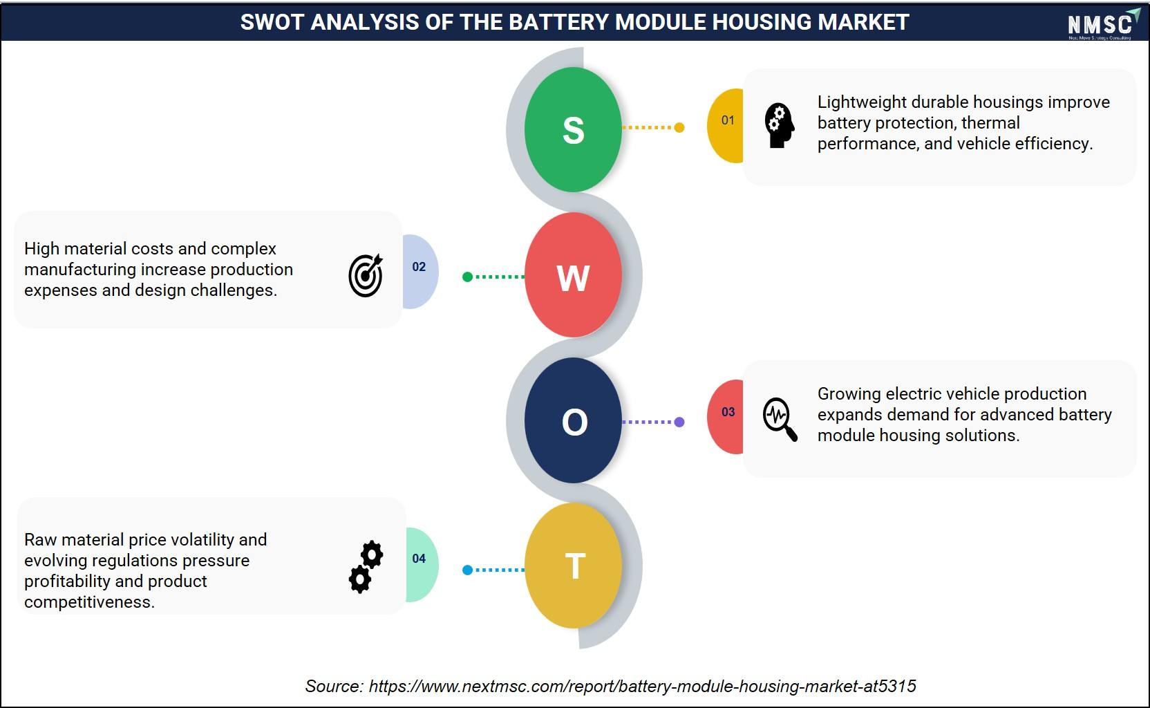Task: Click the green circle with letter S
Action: point(573,129)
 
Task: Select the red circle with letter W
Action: point(573,275)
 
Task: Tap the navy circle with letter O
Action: point(573,420)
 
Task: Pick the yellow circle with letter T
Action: point(573,565)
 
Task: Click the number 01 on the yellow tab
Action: point(728,120)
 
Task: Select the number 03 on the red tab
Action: point(728,411)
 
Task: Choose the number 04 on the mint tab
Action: point(419,559)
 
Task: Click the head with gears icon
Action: point(780,125)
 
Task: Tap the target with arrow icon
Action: point(366,275)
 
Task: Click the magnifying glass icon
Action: point(780,419)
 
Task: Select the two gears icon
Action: point(366,567)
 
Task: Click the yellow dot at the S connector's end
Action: point(679,127)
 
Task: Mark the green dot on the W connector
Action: point(467,277)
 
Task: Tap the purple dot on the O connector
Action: point(679,422)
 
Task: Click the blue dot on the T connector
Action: point(467,570)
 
